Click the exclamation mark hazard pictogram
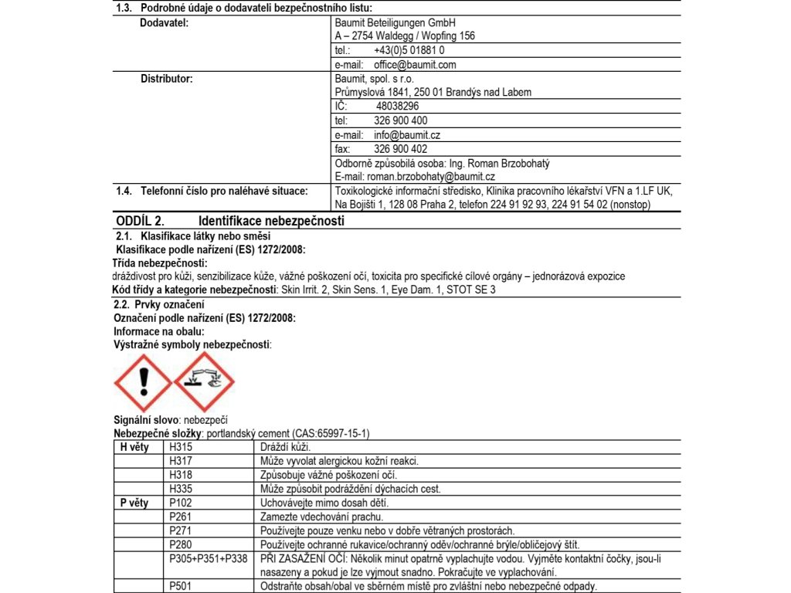[x=143, y=382]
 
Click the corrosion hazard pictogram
[x=204, y=382]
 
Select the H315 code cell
[x=181, y=447]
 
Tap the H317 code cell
[x=181, y=461]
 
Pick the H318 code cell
[x=181, y=475]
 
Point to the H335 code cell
[x=181, y=489]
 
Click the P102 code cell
[x=181, y=503]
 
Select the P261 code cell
[x=181, y=517]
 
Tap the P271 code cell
[x=181, y=530]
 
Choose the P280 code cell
[x=181, y=544]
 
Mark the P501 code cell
[x=181, y=586]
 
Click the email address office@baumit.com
[x=415, y=65]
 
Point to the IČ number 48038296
[x=397, y=107]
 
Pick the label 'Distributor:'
[x=166, y=79]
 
